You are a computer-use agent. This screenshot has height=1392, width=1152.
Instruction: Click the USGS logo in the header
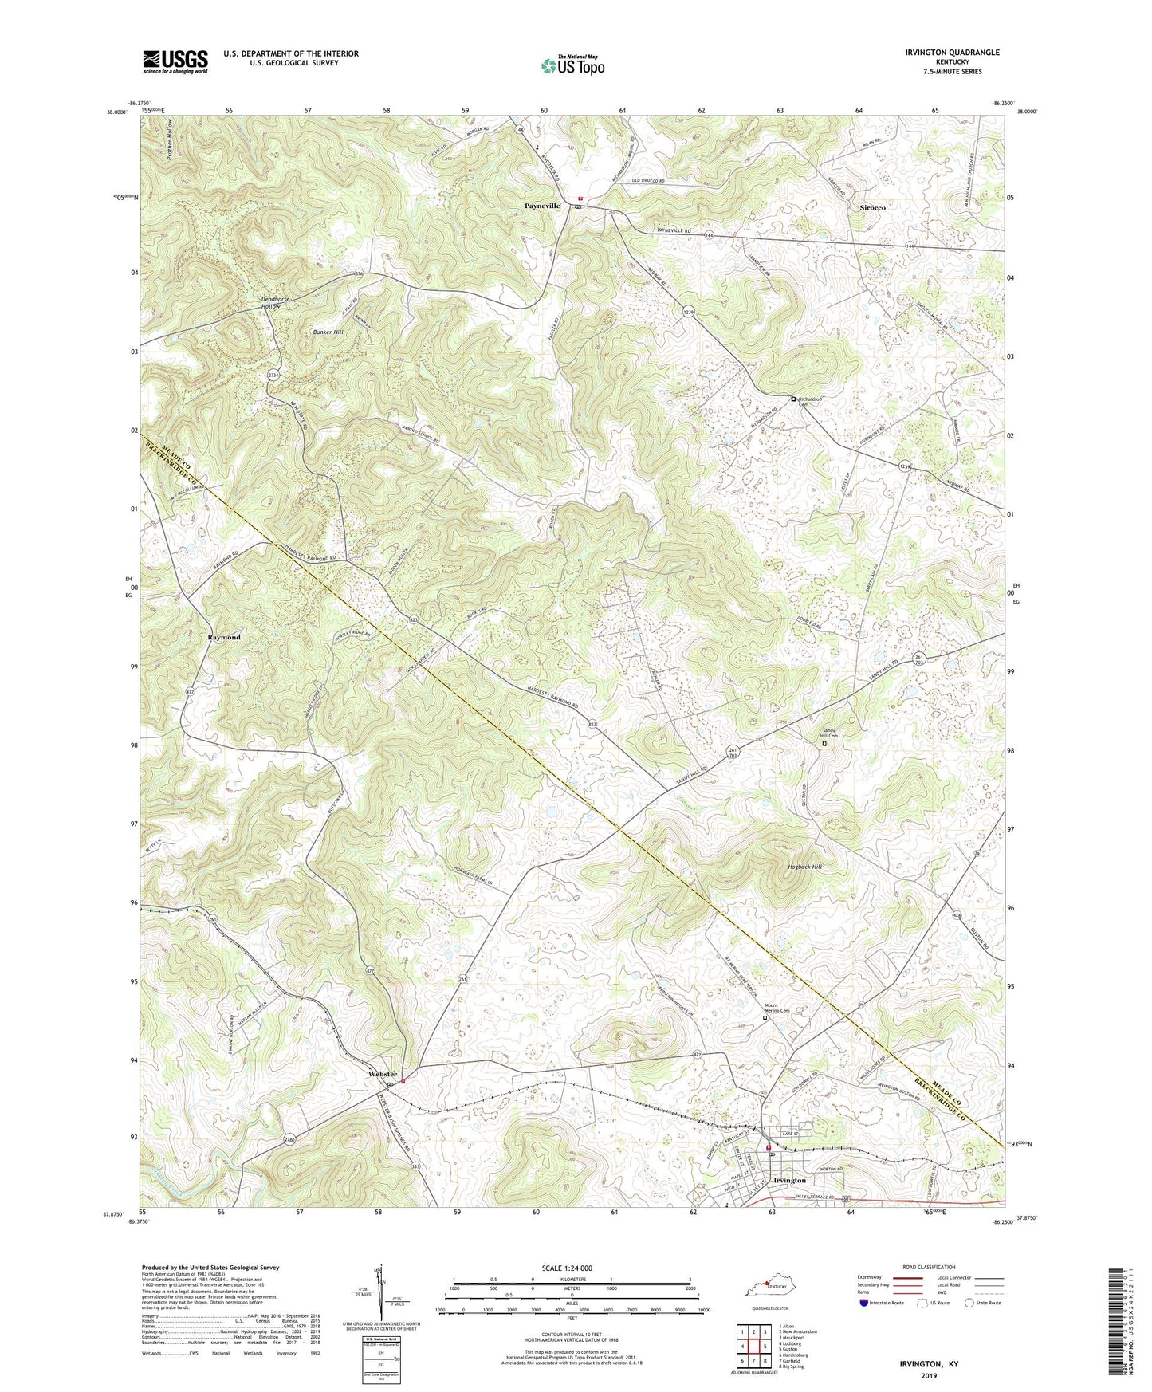(175, 61)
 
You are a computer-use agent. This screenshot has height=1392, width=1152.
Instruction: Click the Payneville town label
(542, 206)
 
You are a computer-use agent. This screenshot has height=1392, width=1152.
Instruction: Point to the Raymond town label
(224, 638)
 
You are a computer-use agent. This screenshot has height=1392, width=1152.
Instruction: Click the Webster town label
(383, 1075)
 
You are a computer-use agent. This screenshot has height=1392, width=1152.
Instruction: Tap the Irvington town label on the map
(789, 1180)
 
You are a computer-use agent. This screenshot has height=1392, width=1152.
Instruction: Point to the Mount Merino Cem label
(777, 1008)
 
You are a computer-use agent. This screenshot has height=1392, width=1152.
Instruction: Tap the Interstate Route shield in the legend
(864, 1303)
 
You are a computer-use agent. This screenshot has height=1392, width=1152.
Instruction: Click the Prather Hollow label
(171, 140)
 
